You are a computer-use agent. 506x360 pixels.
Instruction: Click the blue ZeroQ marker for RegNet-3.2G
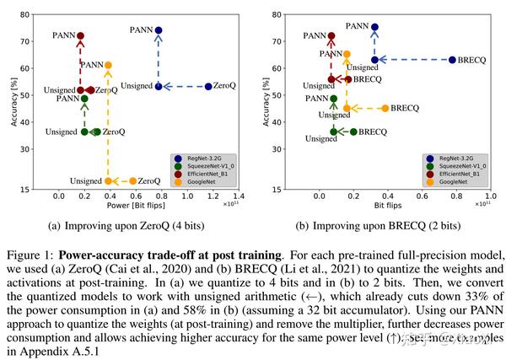coord(208,86)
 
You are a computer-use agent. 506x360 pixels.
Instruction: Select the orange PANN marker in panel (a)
coord(108,65)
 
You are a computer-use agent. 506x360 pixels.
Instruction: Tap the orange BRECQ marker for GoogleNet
coord(385,108)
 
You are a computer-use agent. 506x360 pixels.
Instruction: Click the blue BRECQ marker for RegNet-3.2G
coord(452,60)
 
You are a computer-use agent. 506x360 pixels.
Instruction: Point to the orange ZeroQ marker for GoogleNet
coord(132,180)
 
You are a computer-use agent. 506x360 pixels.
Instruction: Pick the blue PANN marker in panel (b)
coord(374,27)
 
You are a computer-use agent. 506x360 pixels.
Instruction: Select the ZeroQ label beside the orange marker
coord(149,180)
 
